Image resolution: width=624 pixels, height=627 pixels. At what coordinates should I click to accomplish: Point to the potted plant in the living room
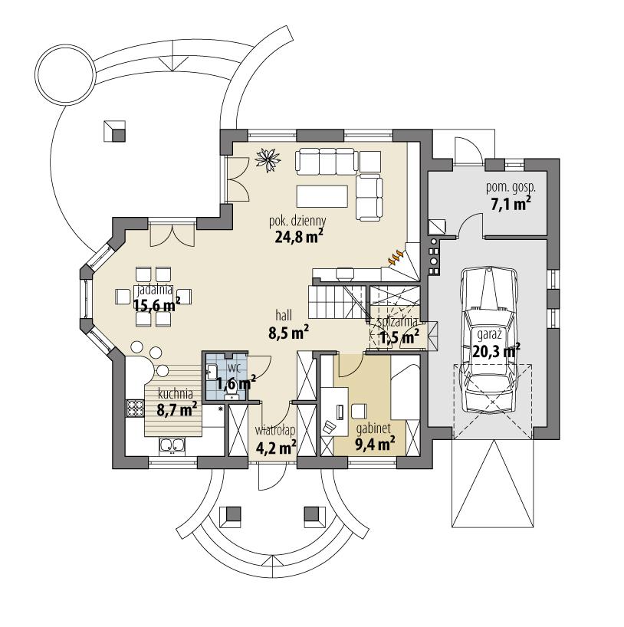(268, 156)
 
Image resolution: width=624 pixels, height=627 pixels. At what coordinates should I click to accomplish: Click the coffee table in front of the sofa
(321, 195)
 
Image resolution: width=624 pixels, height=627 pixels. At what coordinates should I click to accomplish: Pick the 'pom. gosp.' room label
(511, 186)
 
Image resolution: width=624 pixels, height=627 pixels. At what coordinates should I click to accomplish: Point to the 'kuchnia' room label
(175, 394)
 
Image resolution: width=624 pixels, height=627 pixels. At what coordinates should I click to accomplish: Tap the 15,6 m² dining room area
(156, 305)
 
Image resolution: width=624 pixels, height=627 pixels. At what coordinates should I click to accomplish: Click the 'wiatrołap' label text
(276, 430)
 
